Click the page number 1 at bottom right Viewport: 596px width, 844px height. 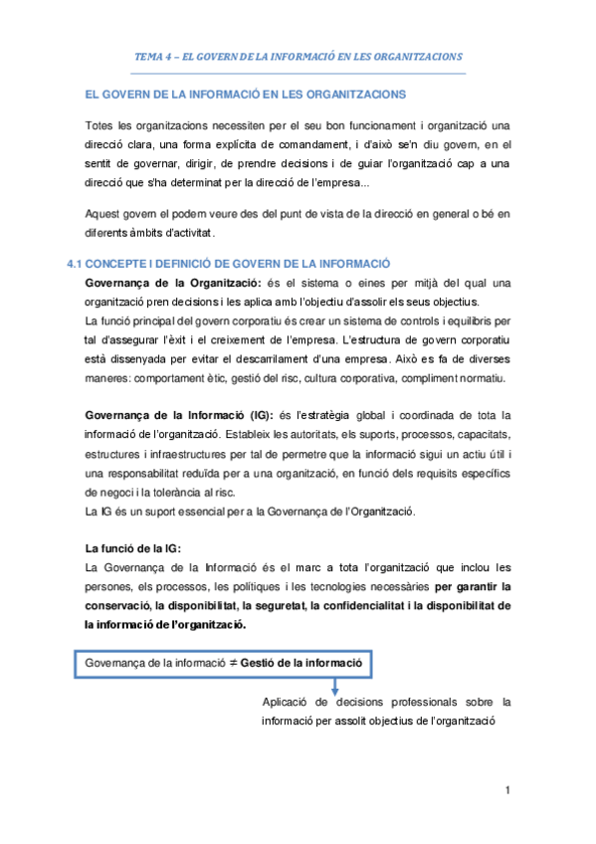(x=507, y=791)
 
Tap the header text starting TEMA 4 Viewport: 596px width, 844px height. (x=298, y=56)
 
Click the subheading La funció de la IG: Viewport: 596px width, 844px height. (x=133, y=546)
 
